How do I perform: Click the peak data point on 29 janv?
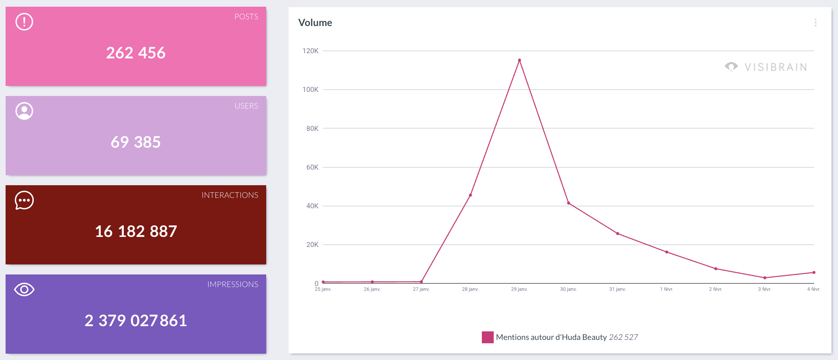(519, 60)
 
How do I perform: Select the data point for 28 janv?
(470, 195)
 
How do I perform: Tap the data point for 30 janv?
(568, 203)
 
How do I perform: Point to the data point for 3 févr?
(765, 278)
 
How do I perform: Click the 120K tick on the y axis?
(310, 51)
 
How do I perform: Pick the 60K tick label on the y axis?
(312, 167)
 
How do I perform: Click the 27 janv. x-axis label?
(421, 289)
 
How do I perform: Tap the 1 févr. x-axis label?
(666, 289)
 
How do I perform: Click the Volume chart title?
(315, 23)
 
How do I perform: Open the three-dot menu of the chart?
(815, 23)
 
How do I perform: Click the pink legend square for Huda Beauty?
(487, 337)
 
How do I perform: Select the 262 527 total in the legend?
(623, 337)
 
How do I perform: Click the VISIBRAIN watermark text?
(776, 67)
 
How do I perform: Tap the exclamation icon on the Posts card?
(24, 22)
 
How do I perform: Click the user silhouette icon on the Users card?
(24, 111)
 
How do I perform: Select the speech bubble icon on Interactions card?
(24, 200)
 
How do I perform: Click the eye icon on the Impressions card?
(24, 289)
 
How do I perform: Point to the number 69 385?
(136, 142)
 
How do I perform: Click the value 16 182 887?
(136, 231)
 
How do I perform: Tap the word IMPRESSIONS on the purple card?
(232, 285)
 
